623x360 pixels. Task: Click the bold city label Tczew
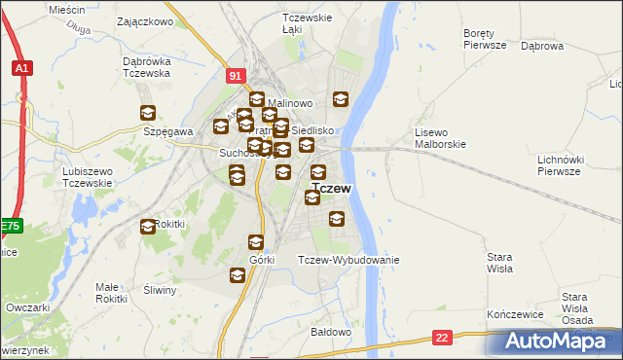tap(332, 188)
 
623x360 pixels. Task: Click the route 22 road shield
tap(444, 337)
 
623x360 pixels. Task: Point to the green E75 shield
tap(10, 226)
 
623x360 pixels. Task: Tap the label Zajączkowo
tap(144, 19)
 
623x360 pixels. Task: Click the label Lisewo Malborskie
tap(441, 137)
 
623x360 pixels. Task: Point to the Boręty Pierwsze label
tap(485, 38)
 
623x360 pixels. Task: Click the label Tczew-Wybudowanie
tap(348, 260)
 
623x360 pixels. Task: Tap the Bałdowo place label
tap(329, 332)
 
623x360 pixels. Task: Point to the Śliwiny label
tap(158, 290)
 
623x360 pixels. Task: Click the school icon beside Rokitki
tap(148, 227)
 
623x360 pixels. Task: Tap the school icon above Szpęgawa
tap(148, 113)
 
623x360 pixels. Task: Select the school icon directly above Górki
tap(256, 242)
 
